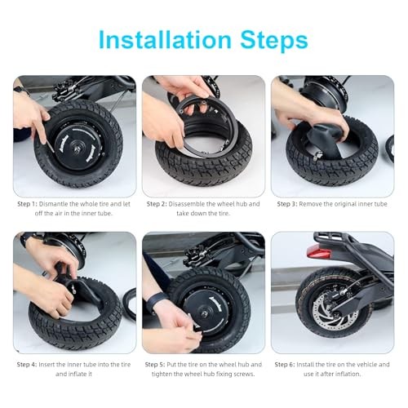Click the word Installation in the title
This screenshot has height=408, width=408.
tap(165, 40)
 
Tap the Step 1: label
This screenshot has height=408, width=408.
tap(27, 204)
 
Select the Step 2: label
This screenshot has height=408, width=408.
tap(157, 204)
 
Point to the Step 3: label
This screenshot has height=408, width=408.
tap(287, 204)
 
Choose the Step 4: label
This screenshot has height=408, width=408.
tap(27, 365)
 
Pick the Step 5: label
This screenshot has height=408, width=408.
tap(155, 365)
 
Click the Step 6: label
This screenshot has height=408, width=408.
tap(285, 365)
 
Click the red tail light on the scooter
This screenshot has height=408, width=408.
tap(318, 252)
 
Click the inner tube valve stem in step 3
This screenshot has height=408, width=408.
tap(317, 156)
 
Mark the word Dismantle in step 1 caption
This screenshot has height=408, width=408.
tap(53, 204)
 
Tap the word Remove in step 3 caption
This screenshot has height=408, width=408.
tap(309, 204)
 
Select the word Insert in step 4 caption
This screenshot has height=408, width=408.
tap(47, 365)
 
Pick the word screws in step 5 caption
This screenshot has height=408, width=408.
tap(245, 375)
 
